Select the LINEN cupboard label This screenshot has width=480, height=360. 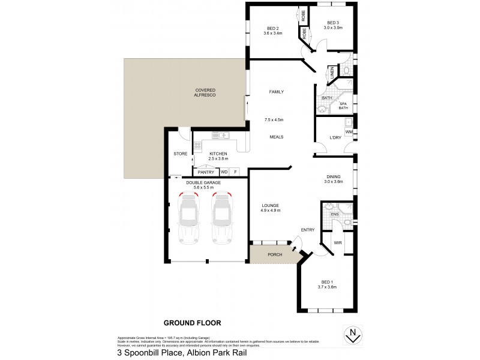(x=332, y=74)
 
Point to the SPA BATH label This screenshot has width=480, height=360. (x=343, y=106)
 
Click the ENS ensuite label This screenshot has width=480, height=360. (x=335, y=214)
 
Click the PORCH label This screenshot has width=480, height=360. (x=275, y=254)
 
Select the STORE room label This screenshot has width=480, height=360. (x=180, y=154)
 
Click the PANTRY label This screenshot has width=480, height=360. (x=206, y=172)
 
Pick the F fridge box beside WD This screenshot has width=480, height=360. (x=235, y=172)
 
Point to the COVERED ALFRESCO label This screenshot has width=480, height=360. (x=205, y=93)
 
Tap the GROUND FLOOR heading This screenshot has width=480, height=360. (x=192, y=323)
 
